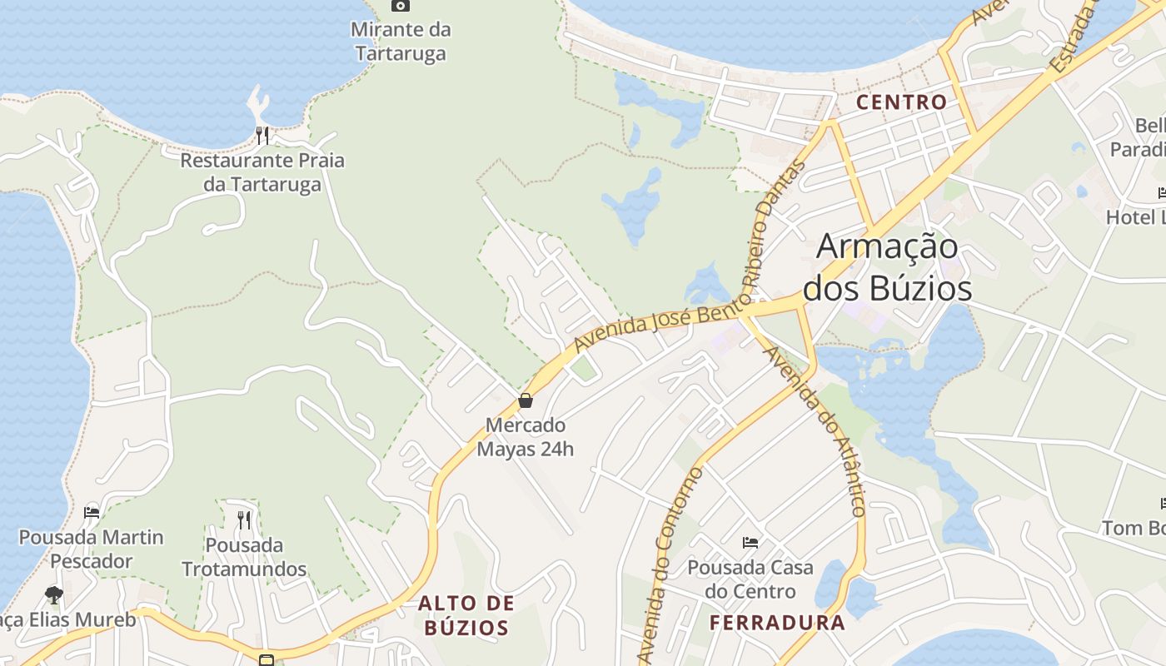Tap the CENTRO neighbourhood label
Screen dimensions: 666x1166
902,102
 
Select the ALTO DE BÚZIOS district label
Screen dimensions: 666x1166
466,615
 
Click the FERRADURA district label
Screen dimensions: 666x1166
777,622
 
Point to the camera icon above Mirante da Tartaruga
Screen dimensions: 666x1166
401,6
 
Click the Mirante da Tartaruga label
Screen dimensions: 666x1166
401,42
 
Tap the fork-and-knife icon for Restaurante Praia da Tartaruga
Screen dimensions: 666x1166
262,136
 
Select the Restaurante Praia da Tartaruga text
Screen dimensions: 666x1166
262,172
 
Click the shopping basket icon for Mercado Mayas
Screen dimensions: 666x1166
526,400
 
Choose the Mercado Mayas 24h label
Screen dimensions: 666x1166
525,437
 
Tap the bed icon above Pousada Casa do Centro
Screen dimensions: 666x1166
750,543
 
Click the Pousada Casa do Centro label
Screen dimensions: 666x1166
750,580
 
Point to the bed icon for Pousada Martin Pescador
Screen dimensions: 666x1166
92,512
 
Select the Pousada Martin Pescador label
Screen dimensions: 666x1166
92,549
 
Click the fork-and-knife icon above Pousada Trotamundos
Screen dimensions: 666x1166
244,520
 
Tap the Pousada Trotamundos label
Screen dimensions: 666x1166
244,558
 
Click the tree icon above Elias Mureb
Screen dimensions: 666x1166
54,594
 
